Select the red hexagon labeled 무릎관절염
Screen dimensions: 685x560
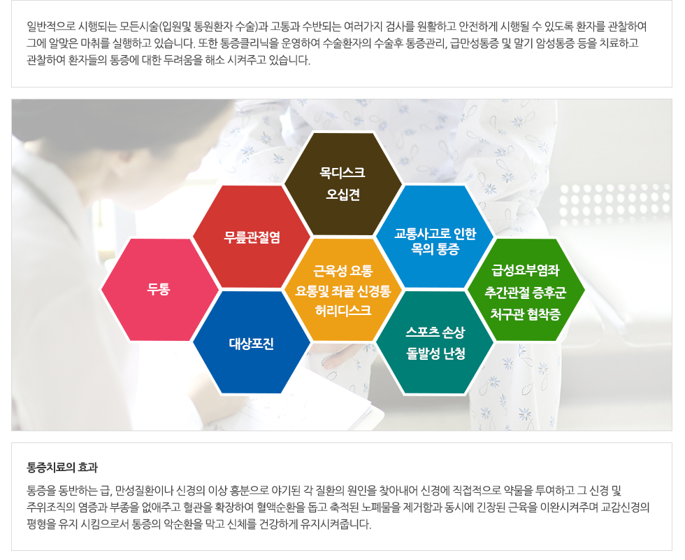point(252,237)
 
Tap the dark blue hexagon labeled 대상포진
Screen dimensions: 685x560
point(252,342)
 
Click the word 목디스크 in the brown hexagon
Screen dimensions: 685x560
point(342,173)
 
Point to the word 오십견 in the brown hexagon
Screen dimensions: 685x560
point(343,195)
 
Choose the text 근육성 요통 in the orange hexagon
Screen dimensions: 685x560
point(343,272)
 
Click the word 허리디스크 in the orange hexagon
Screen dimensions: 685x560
point(343,311)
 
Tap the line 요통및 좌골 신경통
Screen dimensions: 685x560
point(343,291)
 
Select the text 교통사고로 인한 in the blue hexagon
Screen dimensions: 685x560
point(435,234)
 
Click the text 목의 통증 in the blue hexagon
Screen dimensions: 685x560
point(435,249)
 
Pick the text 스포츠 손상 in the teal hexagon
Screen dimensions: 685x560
point(435,332)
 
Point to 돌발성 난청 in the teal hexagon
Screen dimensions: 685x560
point(435,353)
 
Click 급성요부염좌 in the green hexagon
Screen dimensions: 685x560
point(526,270)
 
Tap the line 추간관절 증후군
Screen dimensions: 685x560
point(526,293)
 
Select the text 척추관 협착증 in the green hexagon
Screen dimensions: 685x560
point(526,314)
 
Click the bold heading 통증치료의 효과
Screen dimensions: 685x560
point(62,468)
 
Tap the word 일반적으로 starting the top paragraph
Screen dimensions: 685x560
point(50,27)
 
